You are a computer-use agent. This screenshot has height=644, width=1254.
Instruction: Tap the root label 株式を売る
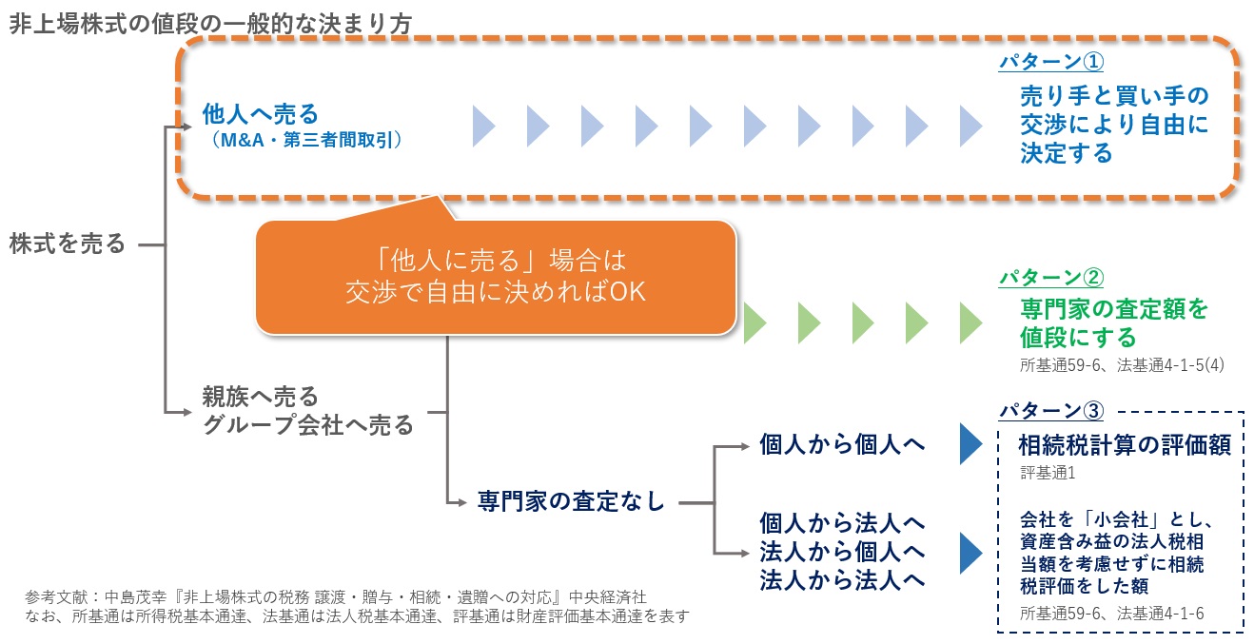click(68, 244)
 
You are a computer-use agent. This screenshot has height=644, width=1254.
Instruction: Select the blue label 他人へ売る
click(260, 115)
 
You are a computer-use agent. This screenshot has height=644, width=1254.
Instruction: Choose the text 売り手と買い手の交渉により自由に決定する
click(1113, 125)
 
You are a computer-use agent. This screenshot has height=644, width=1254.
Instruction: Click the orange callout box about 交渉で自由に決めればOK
click(495, 277)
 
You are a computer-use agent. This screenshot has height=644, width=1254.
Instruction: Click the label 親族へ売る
click(260, 396)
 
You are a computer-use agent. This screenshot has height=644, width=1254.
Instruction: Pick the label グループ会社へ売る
click(308, 424)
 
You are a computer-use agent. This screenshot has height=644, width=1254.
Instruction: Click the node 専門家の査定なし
click(570, 501)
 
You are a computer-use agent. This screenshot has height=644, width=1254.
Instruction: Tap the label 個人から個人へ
click(842, 444)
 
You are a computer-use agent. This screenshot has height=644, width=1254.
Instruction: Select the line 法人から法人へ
click(842, 580)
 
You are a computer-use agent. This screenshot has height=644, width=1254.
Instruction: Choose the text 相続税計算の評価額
click(1124, 445)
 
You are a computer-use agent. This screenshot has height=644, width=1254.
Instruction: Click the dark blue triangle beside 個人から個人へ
click(970, 444)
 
